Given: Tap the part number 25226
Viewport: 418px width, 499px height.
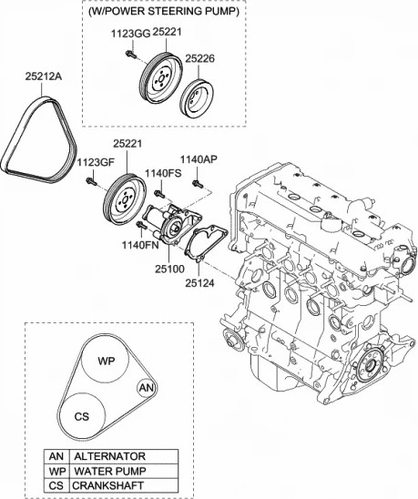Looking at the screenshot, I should coord(200,58).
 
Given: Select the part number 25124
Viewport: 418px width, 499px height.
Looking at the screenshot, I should coord(202,283).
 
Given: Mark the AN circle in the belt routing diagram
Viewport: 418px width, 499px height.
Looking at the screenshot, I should coord(146,389).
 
